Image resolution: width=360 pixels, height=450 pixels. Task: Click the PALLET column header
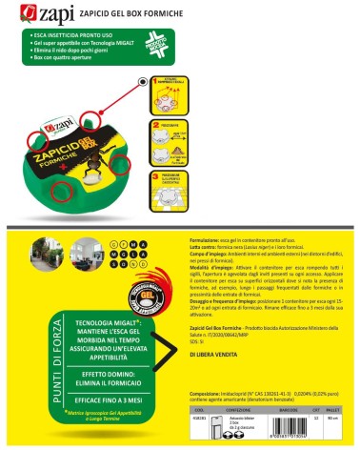tap(333, 412)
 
